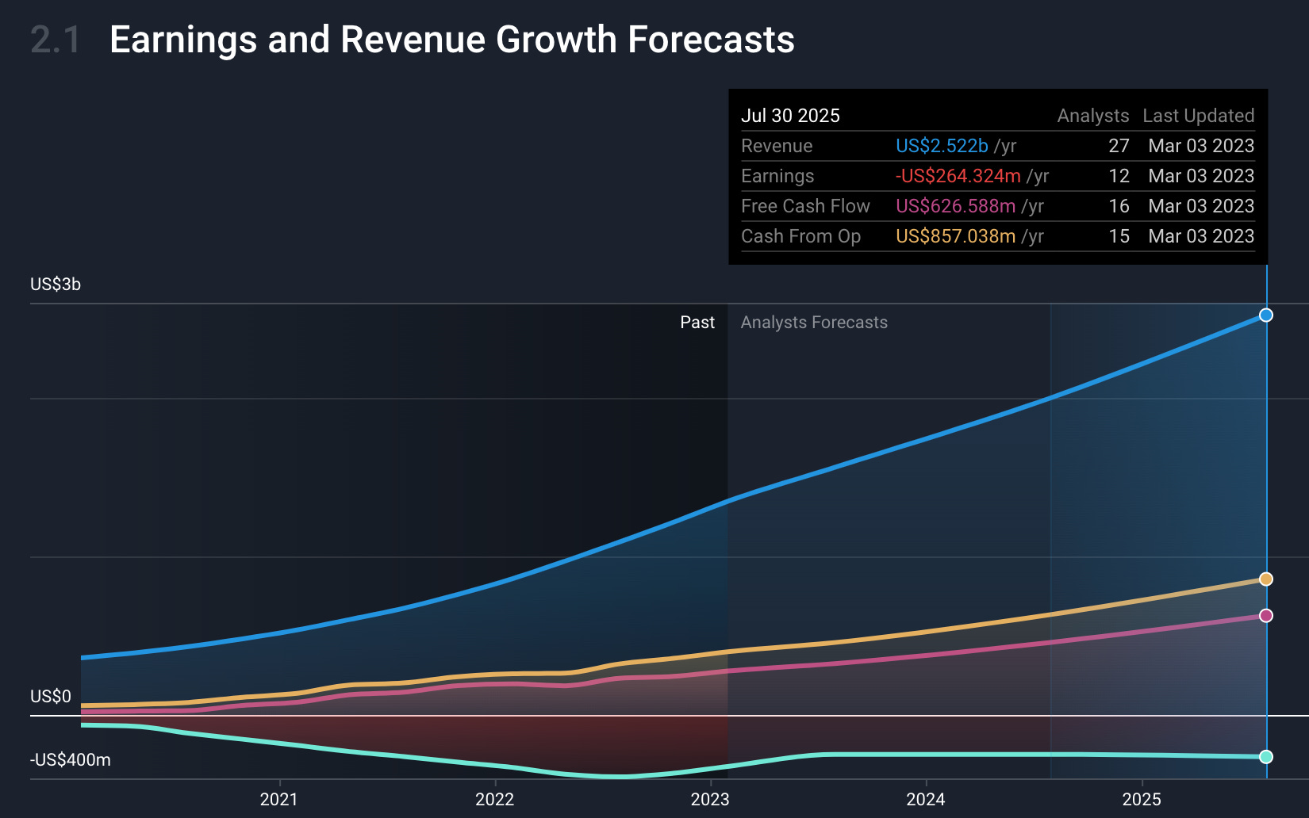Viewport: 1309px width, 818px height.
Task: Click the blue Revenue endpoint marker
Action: point(1266,315)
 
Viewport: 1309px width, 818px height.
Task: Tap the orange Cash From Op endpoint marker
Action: point(1266,579)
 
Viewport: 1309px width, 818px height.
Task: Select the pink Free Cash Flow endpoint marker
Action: point(1266,616)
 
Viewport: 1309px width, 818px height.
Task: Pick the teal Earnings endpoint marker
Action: point(1266,757)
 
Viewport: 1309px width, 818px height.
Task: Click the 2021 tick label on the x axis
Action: point(278,799)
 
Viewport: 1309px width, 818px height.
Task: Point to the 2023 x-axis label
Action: point(710,799)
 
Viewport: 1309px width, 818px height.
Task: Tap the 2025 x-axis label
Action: point(1142,799)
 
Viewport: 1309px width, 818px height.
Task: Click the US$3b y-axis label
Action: point(56,285)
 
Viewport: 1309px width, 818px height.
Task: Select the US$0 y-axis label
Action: point(51,697)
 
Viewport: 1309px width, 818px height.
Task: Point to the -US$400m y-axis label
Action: point(71,760)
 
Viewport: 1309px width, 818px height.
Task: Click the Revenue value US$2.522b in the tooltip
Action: point(942,146)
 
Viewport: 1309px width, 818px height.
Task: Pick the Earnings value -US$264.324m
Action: point(958,176)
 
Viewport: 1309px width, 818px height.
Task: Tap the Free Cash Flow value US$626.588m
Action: point(955,206)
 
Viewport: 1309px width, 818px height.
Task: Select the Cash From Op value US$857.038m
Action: point(955,236)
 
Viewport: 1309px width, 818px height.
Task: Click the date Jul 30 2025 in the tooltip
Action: point(790,116)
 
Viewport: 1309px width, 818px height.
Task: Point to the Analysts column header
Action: point(1092,116)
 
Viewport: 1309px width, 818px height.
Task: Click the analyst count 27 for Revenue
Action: point(1119,146)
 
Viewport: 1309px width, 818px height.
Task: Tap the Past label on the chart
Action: point(697,323)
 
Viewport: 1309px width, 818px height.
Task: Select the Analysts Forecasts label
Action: point(814,323)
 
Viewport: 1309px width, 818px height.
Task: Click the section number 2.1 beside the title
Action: point(56,40)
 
